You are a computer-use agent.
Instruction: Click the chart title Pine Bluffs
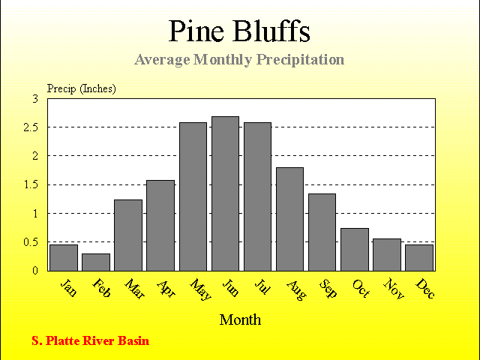coord(239,31)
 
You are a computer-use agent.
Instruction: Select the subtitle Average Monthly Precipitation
coord(239,60)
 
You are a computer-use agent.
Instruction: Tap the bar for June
coord(225,193)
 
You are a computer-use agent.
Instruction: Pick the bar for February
coord(96,262)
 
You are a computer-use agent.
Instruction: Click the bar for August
coord(290,219)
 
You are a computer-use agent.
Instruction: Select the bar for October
coord(355,250)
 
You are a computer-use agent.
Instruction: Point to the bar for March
coord(128,235)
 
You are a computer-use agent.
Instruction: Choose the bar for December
coord(419,258)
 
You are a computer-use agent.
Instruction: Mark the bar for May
coord(193,196)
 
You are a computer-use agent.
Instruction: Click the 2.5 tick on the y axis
coord(31,127)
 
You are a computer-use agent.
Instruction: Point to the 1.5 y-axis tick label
coord(31,185)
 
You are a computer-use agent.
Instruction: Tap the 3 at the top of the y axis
coord(35,99)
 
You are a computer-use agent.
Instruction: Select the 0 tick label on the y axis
coord(35,271)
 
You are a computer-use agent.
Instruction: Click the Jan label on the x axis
coord(68,287)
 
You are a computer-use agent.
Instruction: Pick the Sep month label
coord(328,288)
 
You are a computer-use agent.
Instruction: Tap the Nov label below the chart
coord(394,288)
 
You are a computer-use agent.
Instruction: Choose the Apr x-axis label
coord(166,289)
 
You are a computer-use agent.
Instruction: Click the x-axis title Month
coord(240,320)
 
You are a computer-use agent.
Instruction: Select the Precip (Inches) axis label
coord(82,88)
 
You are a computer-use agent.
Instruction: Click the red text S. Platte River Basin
coord(90,340)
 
